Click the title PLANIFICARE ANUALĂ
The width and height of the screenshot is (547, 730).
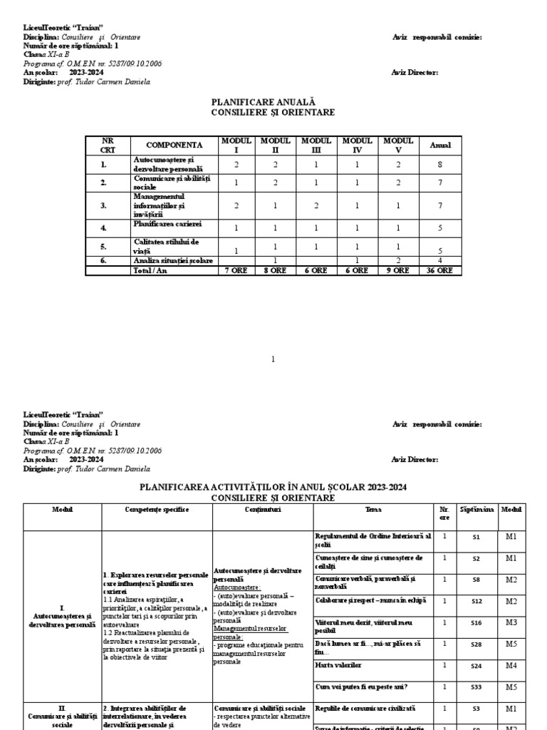point(274,103)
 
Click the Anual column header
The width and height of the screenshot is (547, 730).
point(441,145)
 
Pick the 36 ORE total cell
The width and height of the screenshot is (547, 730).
point(441,271)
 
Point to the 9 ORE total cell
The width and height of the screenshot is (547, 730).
point(398,271)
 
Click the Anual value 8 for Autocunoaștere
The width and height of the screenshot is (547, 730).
point(441,165)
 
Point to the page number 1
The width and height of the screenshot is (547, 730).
point(273,359)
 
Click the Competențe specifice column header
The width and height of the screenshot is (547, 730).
point(156,510)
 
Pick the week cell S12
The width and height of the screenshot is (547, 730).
point(476,602)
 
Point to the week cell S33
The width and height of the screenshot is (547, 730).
point(476,687)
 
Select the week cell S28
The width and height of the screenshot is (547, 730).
point(476,644)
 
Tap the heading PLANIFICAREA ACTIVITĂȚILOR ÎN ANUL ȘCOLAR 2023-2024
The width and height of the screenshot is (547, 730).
point(274,487)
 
